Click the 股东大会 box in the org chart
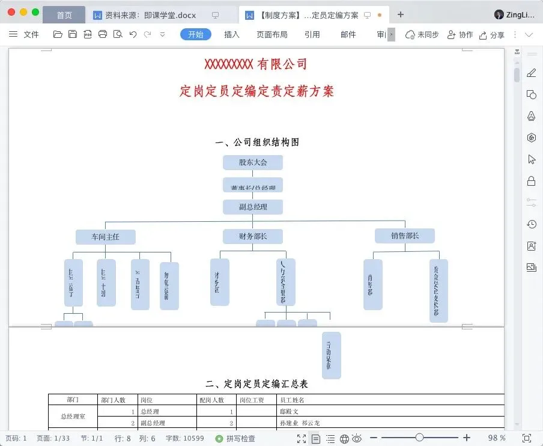click(x=252, y=162)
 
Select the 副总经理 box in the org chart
click(x=252, y=207)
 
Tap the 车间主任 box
click(x=105, y=237)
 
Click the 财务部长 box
click(x=252, y=236)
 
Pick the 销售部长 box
click(x=404, y=236)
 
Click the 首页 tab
click(x=64, y=15)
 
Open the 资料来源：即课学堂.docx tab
click(x=150, y=15)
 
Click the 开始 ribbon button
click(x=196, y=34)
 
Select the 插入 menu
click(x=232, y=34)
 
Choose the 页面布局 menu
click(x=271, y=34)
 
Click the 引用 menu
click(x=312, y=34)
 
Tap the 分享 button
click(x=491, y=35)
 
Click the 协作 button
click(x=460, y=35)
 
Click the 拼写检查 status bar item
click(x=235, y=439)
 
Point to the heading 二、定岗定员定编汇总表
click(x=256, y=383)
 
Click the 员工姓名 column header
click(x=293, y=400)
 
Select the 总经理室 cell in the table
click(x=73, y=416)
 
